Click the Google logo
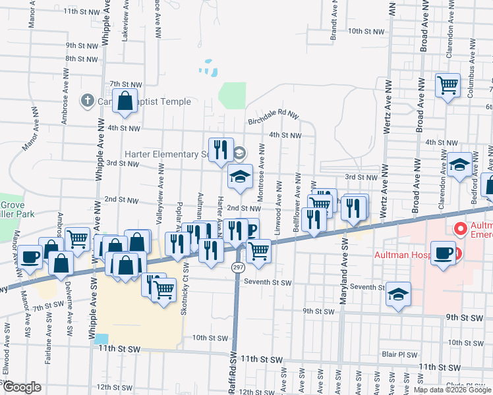click(22, 387)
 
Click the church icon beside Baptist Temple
click(86, 101)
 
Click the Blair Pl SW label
click(399, 354)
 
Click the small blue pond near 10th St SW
click(101, 338)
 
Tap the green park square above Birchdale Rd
click(232, 95)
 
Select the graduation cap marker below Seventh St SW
click(397, 293)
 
